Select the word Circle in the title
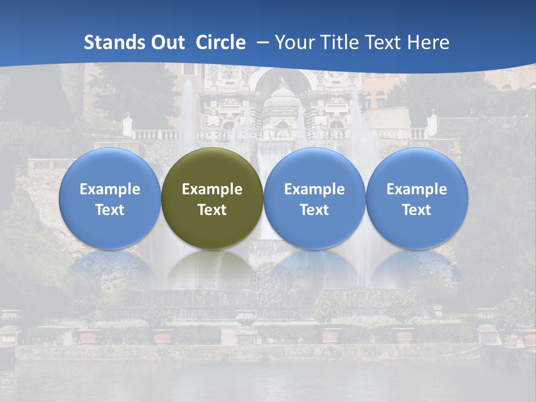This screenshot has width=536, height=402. point(221,42)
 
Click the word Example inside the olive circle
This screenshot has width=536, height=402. point(212,189)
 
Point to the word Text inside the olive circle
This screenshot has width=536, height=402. point(212,210)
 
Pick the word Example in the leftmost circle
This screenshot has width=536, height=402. point(109,189)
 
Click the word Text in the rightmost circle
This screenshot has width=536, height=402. point(417,210)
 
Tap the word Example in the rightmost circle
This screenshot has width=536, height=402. point(417,189)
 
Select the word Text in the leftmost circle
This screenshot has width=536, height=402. point(109,210)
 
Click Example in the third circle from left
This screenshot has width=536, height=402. point(314,189)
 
